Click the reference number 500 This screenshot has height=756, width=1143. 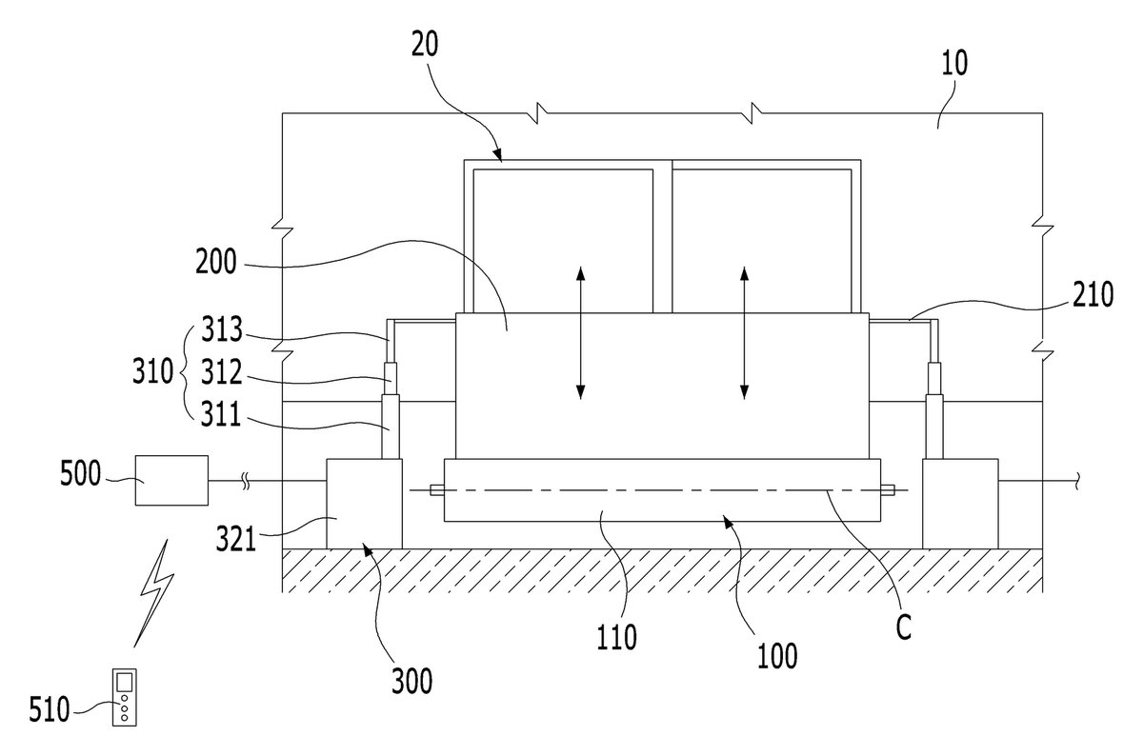click(81, 474)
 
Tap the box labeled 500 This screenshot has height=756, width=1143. click(171, 480)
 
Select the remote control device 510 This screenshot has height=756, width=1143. click(125, 696)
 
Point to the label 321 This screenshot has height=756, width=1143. click(236, 539)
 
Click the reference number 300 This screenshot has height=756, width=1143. click(411, 681)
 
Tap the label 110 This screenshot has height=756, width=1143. click(617, 637)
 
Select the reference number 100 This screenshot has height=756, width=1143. click(777, 656)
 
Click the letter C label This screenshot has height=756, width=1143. click(904, 627)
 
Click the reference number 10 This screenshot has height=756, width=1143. click(953, 63)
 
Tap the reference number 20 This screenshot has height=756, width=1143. click(425, 44)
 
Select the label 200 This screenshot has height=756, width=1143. click(216, 262)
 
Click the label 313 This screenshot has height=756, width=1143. click(221, 329)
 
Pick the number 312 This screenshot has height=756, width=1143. click(221, 372)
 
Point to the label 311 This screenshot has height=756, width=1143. click(220, 414)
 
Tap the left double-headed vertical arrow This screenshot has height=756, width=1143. click(580, 332)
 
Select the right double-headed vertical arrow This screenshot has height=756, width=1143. click(745, 332)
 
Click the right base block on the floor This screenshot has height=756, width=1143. click(960, 504)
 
